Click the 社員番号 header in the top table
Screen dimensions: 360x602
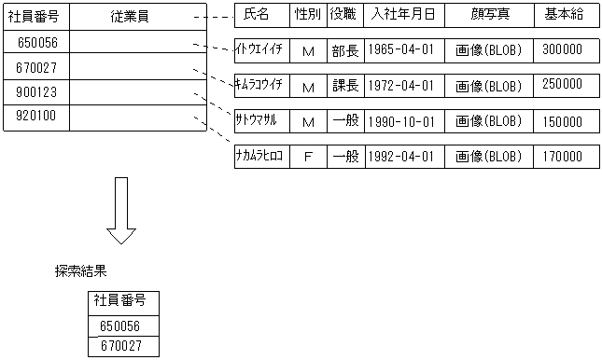click(35, 17)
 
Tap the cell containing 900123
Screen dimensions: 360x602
click(35, 92)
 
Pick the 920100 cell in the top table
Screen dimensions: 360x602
click(35, 118)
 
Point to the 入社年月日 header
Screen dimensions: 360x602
click(401, 15)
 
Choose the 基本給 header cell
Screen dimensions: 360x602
click(566, 15)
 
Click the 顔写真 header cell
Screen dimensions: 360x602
click(488, 15)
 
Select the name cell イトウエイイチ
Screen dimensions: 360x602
click(261, 50)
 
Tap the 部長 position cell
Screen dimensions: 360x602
click(343, 50)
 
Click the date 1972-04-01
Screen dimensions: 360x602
click(401, 86)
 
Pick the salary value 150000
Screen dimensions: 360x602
click(566, 121)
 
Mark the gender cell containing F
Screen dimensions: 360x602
click(307, 157)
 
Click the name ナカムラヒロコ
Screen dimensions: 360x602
click(261, 156)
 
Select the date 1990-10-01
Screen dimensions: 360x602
click(401, 121)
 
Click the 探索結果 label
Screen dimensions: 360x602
click(80, 271)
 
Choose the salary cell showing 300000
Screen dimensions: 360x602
click(566, 50)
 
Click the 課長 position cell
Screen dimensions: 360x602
click(343, 86)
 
